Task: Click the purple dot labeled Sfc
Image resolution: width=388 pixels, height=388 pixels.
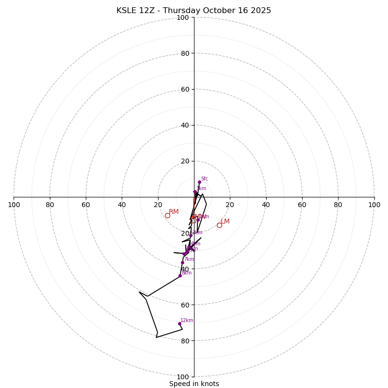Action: click(199, 182)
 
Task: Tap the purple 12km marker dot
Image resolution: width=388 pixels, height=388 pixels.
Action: click(179, 323)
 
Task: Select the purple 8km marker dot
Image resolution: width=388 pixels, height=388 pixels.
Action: click(180, 275)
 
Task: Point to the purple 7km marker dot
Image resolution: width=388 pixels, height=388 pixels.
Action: click(183, 263)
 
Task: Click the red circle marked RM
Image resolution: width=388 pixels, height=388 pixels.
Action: click(167, 215)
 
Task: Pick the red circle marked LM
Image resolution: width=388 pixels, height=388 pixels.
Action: click(219, 225)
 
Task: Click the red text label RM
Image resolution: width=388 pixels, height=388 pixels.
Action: click(174, 212)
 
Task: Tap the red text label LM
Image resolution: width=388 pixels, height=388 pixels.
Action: click(225, 222)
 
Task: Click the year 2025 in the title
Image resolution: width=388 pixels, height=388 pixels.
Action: click(261, 11)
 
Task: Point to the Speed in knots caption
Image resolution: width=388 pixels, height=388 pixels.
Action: click(194, 384)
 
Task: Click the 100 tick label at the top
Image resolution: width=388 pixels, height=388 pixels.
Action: click(183, 18)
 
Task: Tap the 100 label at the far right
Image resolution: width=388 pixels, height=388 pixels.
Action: click(374, 205)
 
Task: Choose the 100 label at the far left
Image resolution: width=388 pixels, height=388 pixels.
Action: click(14, 205)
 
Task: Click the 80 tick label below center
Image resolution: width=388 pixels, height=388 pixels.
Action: click(185, 341)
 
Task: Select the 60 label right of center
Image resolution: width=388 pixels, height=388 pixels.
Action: click(302, 205)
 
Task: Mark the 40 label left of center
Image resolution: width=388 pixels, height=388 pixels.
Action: click(122, 205)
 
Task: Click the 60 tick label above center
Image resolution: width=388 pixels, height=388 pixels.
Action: click(185, 89)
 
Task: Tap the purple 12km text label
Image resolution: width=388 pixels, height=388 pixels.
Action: click(187, 320)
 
